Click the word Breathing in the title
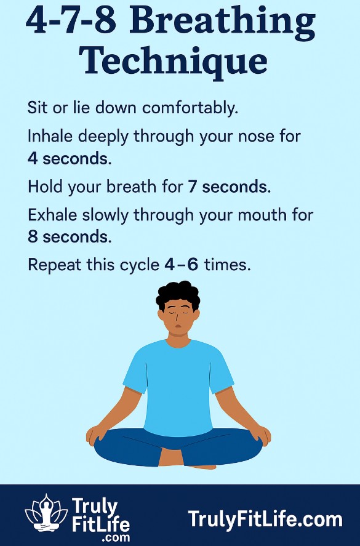pos(223,23)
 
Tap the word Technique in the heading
pos(173,62)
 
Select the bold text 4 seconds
pos(69,158)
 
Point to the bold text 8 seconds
pos(69,236)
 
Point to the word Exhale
pos(52,216)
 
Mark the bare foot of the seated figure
pos(197,463)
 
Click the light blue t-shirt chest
pos(178,375)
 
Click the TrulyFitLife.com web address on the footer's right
pos(265,519)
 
